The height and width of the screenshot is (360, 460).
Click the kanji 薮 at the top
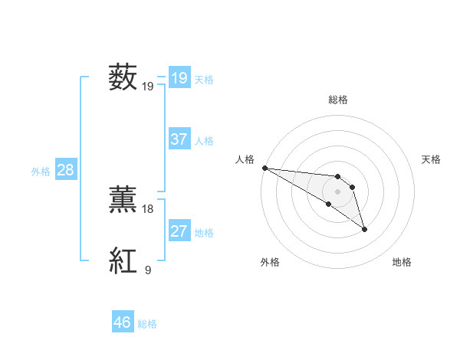coord(123,78)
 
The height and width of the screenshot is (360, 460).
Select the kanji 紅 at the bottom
coord(123,261)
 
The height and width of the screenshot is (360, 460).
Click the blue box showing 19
coord(179,78)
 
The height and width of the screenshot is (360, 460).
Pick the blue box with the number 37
coord(179,139)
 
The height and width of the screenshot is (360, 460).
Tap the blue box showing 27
coord(179,231)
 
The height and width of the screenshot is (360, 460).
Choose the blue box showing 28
coord(65,170)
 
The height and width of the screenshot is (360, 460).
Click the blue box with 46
coord(122,322)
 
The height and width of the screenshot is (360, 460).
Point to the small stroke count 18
coord(148,208)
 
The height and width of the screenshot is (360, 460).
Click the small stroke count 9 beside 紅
coord(147,270)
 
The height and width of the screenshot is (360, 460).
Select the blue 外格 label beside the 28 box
coord(41,172)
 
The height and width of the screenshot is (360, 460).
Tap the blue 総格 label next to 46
coord(147,324)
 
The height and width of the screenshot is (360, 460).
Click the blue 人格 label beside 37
coord(204,141)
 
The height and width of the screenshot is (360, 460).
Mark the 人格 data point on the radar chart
coord(264,167)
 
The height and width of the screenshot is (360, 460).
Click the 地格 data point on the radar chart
coord(364,229)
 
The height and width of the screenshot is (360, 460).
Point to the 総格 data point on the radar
coord(338,177)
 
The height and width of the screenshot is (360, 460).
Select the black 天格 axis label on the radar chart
coord(431,159)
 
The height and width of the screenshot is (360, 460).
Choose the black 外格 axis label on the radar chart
coord(270,263)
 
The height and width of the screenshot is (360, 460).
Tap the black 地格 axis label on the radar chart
coord(402,263)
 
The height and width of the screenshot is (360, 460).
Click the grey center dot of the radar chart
coord(338,191)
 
